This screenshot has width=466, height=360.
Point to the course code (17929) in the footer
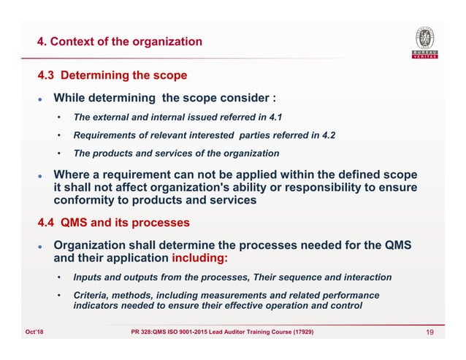click(x=298, y=334)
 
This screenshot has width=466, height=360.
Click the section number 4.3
click(x=49, y=76)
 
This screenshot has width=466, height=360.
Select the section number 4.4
click(x=49, y=222)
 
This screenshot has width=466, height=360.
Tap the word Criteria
click(x=92, y=294)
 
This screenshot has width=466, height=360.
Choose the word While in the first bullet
click(x=71, y=98)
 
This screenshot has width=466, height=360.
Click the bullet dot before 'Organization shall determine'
click(x=42, y=246)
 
